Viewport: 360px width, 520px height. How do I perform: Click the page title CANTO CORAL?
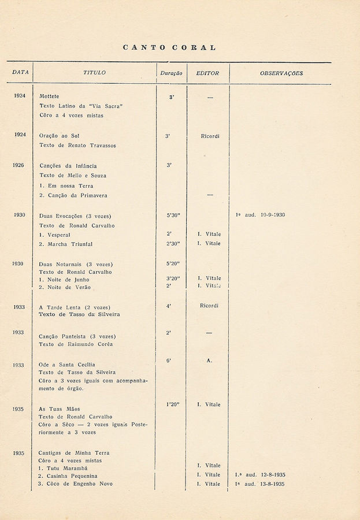(x=169, y=47)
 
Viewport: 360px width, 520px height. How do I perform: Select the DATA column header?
(x=21, y=73)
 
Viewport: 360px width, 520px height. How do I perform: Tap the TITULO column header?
(x=95, y=73)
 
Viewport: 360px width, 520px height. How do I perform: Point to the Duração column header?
(x=171, y=73)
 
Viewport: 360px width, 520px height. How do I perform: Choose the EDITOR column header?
(x=207, y=73)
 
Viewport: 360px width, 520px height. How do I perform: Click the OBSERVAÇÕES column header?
(x=281, y=73)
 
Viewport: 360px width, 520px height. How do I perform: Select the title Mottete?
(x=49, y=96)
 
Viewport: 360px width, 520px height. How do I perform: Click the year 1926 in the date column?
(x=18, y=165)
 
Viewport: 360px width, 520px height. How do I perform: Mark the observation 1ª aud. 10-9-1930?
(x=260, y=215)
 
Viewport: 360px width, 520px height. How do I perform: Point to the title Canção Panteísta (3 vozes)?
(x=77, y=336)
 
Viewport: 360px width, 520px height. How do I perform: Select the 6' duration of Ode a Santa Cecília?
(x=169, y=361)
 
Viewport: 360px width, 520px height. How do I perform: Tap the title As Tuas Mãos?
(x=60, y=409)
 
